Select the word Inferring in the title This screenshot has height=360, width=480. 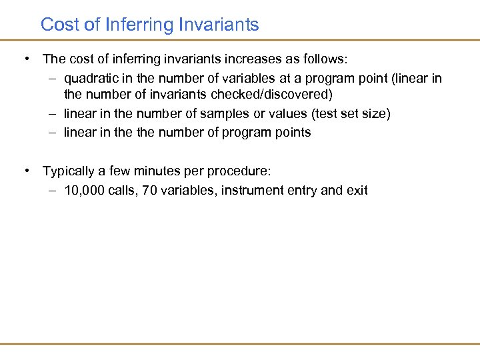139,25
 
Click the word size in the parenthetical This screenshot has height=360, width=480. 375,113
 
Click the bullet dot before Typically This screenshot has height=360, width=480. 27,171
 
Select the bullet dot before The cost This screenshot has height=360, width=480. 27,59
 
